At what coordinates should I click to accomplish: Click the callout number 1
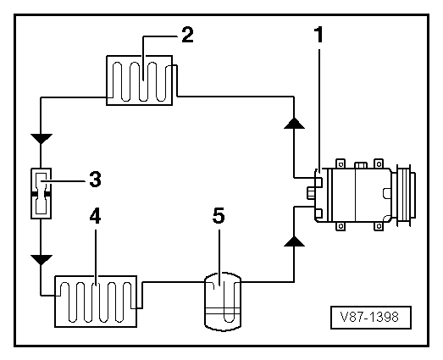click(x=320, y=35)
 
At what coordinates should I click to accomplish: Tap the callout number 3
click(x=96, y=179)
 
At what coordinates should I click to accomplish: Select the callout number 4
click(x=96, y=218)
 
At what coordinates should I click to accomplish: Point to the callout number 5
click(x=219, y=217)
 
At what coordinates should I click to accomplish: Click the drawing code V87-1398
click(x=370, y=318)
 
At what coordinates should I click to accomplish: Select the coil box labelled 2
click(x=140, y=80)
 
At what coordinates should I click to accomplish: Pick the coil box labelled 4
click(x=96, y=299)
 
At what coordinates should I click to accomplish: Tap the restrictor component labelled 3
click(x=40, y=193)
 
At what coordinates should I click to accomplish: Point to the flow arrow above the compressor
click(x=292, y=122)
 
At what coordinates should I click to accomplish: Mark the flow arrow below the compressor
click(x=292, y=242)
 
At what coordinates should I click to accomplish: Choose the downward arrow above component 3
click(x=40, y=137)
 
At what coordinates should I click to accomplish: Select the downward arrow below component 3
click(x=40, y=257)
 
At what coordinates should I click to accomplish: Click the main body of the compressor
click(x=356, y=192)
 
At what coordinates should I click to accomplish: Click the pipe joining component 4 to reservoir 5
click(x=169, y=285)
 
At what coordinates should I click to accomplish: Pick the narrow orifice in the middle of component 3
click(x=40, y=194)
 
